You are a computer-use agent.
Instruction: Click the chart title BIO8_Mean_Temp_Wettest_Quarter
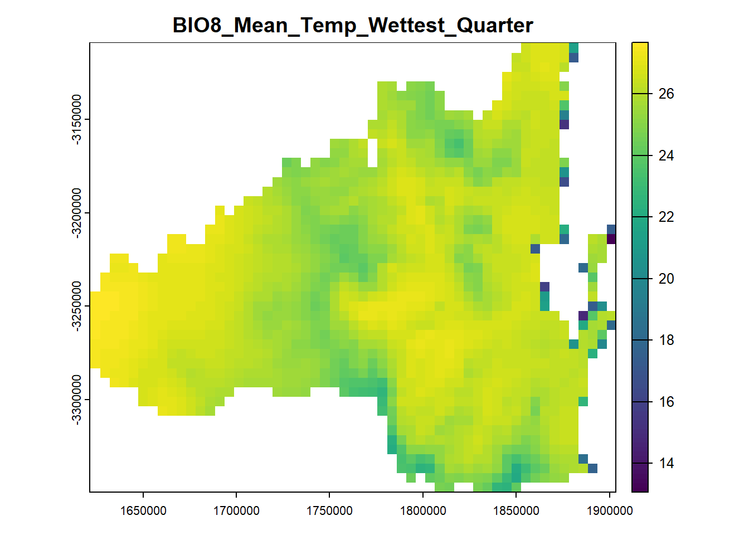(353, 26)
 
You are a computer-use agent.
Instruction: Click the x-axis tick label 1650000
(143, 510)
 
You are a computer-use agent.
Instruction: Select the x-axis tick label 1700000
(236, 510)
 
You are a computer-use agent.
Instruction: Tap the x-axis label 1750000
(329, 510)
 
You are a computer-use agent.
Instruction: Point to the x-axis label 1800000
(423, 510)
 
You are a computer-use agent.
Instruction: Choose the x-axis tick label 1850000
(516, 510)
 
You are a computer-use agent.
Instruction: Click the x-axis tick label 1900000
(610, 510)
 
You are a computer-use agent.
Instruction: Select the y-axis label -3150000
(76, 119)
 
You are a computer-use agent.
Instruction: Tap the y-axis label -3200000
(76, 213)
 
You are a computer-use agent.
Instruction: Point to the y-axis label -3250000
(76, 306)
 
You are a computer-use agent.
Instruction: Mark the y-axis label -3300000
(76, 400)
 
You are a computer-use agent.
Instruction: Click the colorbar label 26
(666, 94)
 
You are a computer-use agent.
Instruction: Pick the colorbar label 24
(666, 156)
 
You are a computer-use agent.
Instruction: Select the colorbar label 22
(666, 217)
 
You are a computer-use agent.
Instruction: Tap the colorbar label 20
(666, 279)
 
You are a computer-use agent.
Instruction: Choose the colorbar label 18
(666, 340)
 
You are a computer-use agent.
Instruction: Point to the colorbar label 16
(666, 402)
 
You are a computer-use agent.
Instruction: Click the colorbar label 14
(666, 463)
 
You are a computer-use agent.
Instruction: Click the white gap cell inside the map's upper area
(372, 153)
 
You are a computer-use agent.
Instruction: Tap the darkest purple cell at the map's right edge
(611, 239)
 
